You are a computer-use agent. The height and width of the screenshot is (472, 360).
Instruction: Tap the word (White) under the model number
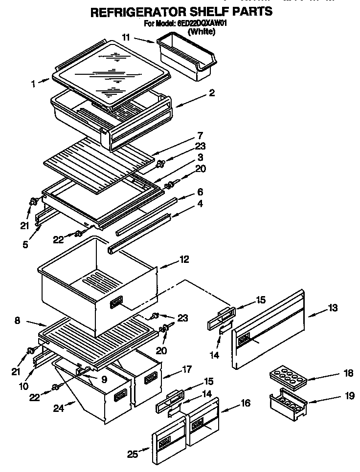(201, 31)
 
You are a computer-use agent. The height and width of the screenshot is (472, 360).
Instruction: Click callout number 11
(126, 37)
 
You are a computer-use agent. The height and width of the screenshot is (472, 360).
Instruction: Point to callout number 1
(33, 84)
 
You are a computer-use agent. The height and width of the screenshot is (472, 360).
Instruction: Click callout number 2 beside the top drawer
(211, 93)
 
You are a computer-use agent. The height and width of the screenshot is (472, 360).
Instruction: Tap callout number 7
(200, 135)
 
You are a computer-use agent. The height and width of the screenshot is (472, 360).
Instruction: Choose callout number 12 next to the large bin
(184, 259)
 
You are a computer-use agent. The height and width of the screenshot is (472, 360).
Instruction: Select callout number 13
(333, 308)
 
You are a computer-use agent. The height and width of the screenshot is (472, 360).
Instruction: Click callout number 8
(18, 321)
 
